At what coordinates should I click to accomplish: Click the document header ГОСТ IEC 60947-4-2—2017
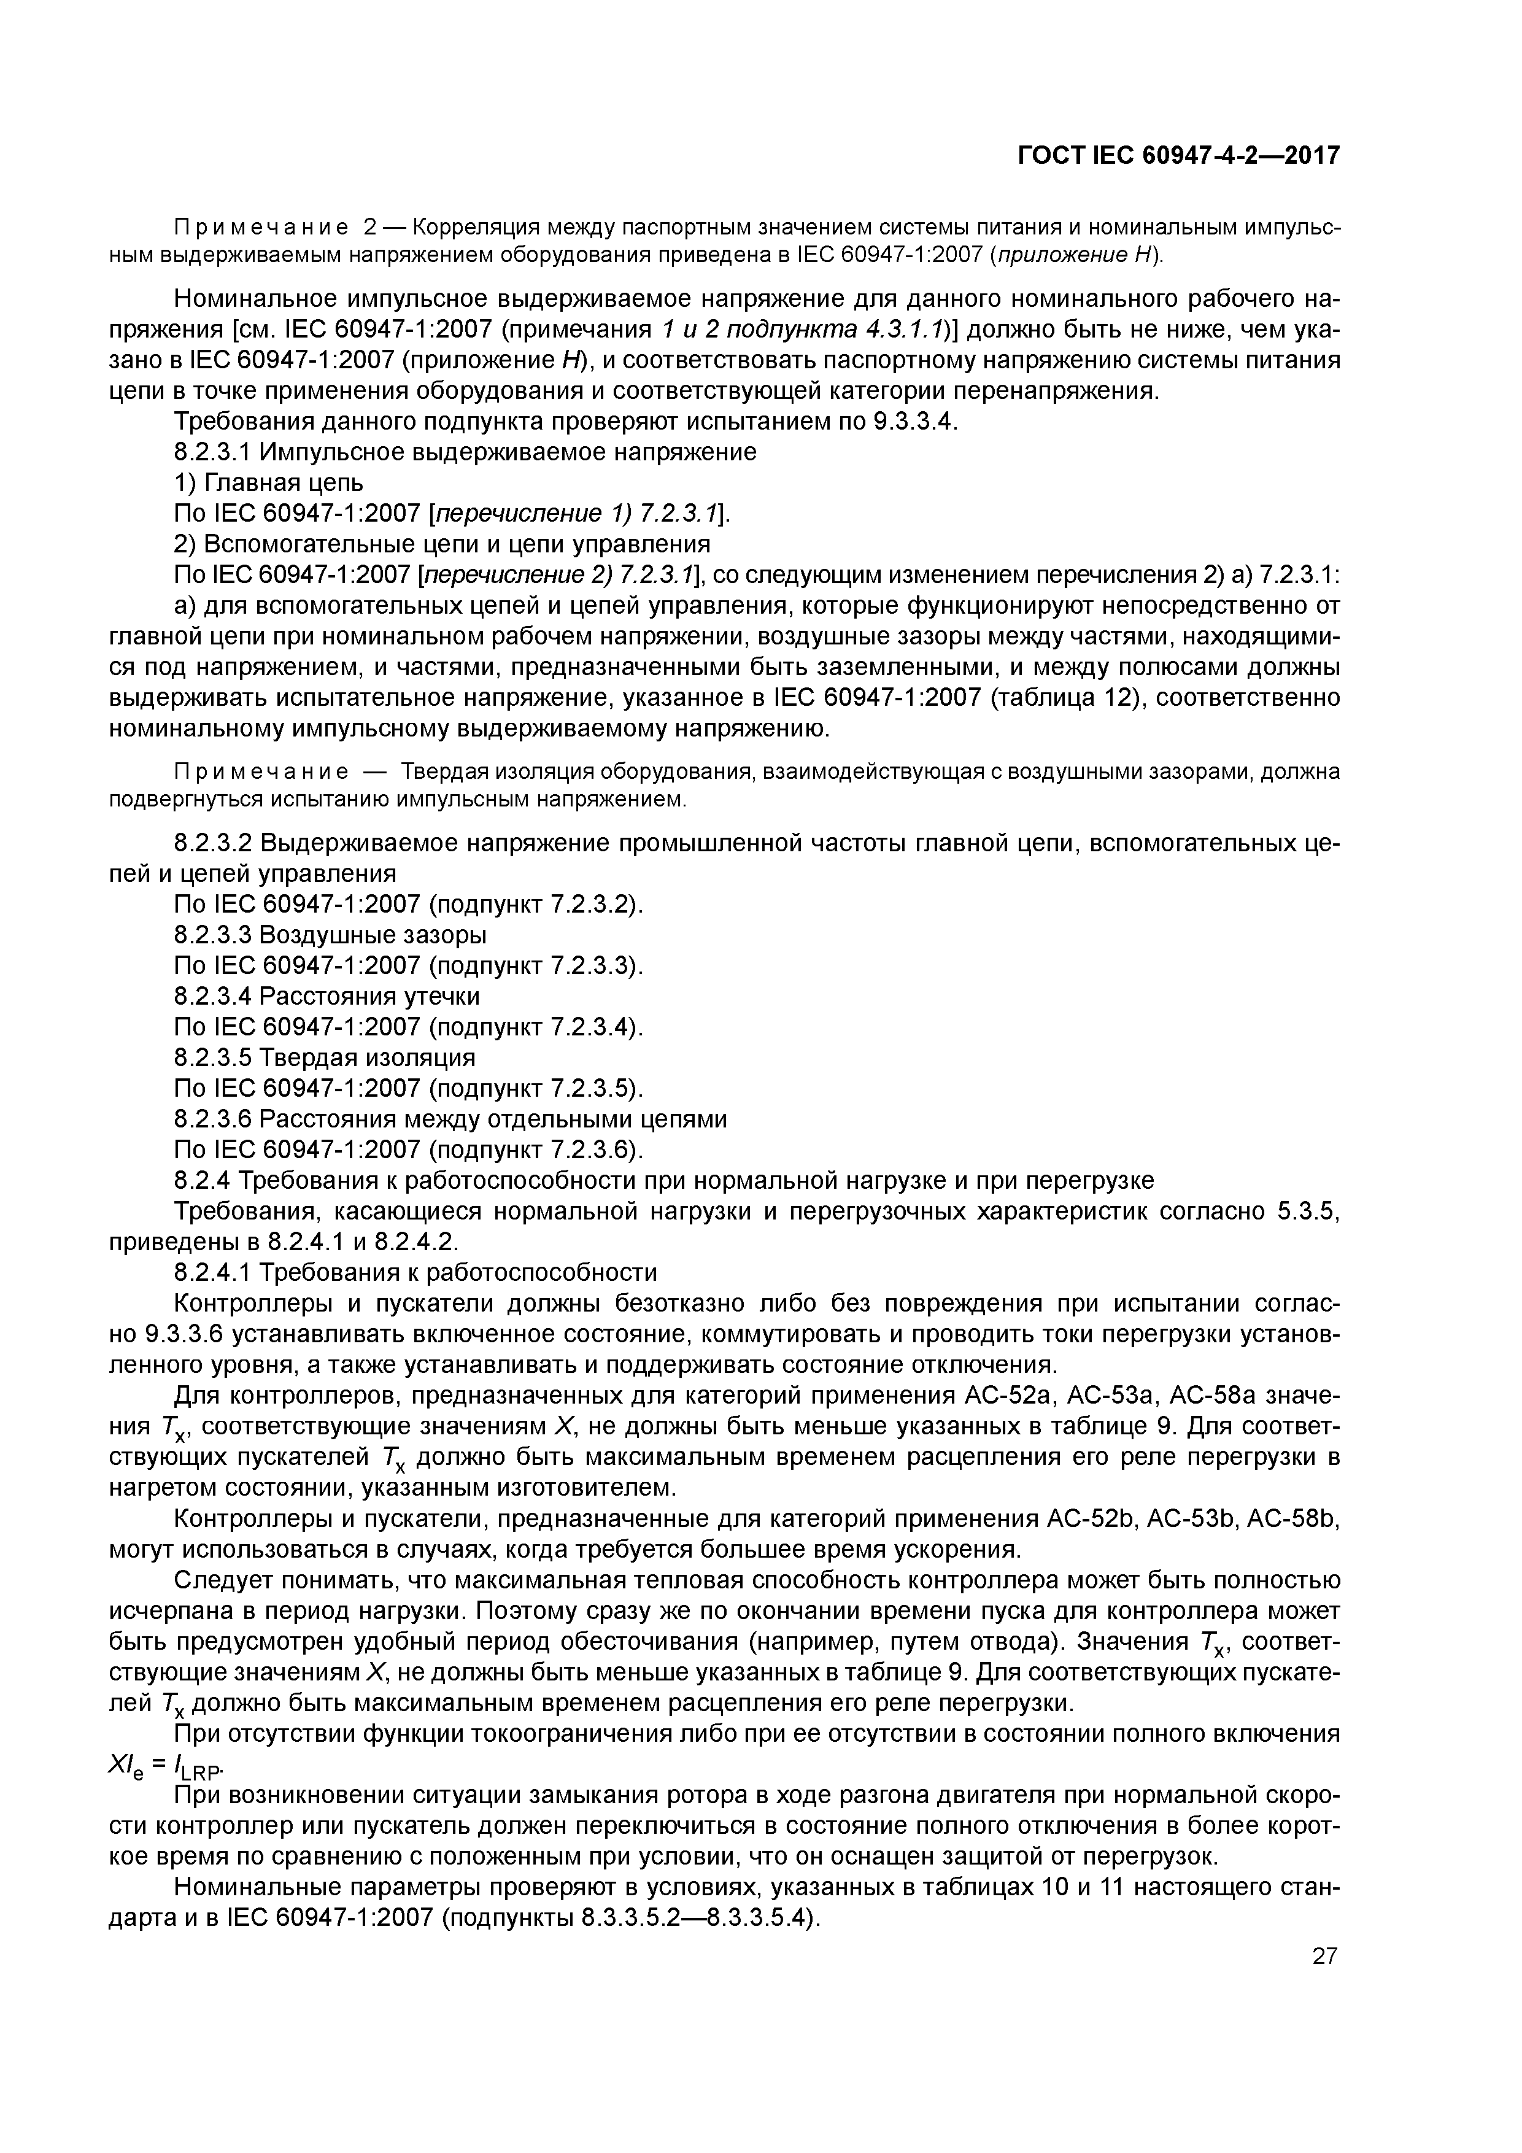[1178, 156]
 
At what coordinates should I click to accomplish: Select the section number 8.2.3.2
[213, 843]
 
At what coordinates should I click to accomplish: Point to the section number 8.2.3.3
[213, 935]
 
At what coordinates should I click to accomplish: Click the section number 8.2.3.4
[213, 996]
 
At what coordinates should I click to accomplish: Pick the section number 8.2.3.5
[213, 1057]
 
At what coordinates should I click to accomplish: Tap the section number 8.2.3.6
[213, 1119]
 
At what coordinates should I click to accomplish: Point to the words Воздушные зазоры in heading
[373, 935]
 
